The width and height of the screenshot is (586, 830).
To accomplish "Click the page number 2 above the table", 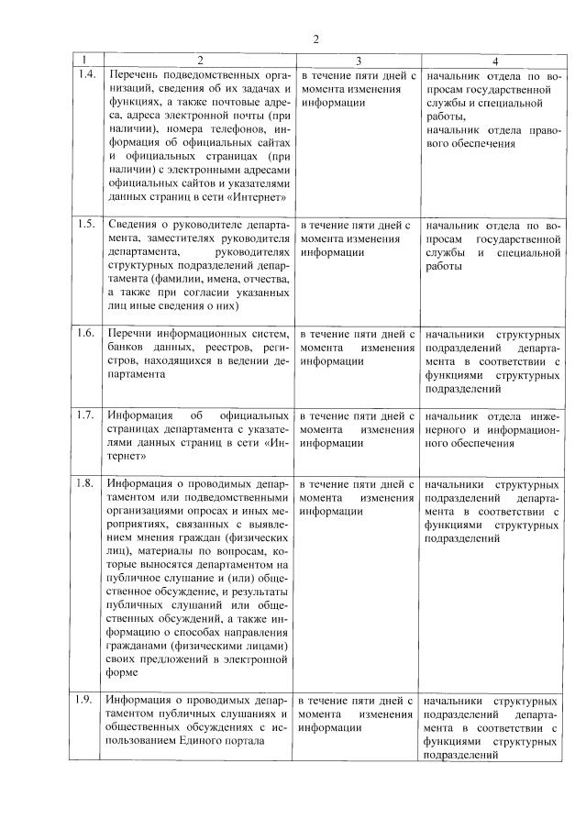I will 315,39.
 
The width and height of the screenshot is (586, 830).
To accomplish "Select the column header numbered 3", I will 358,59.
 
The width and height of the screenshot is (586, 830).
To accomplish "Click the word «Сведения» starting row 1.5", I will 135,224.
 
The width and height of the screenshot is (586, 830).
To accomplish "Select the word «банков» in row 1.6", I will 129,347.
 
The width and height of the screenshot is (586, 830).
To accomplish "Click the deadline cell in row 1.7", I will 358,428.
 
